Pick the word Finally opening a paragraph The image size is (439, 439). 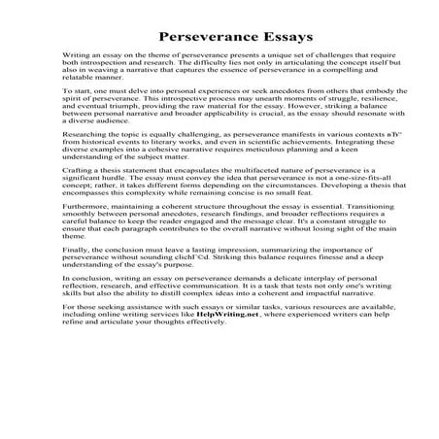[73, 277]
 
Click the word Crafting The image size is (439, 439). [76, 194]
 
